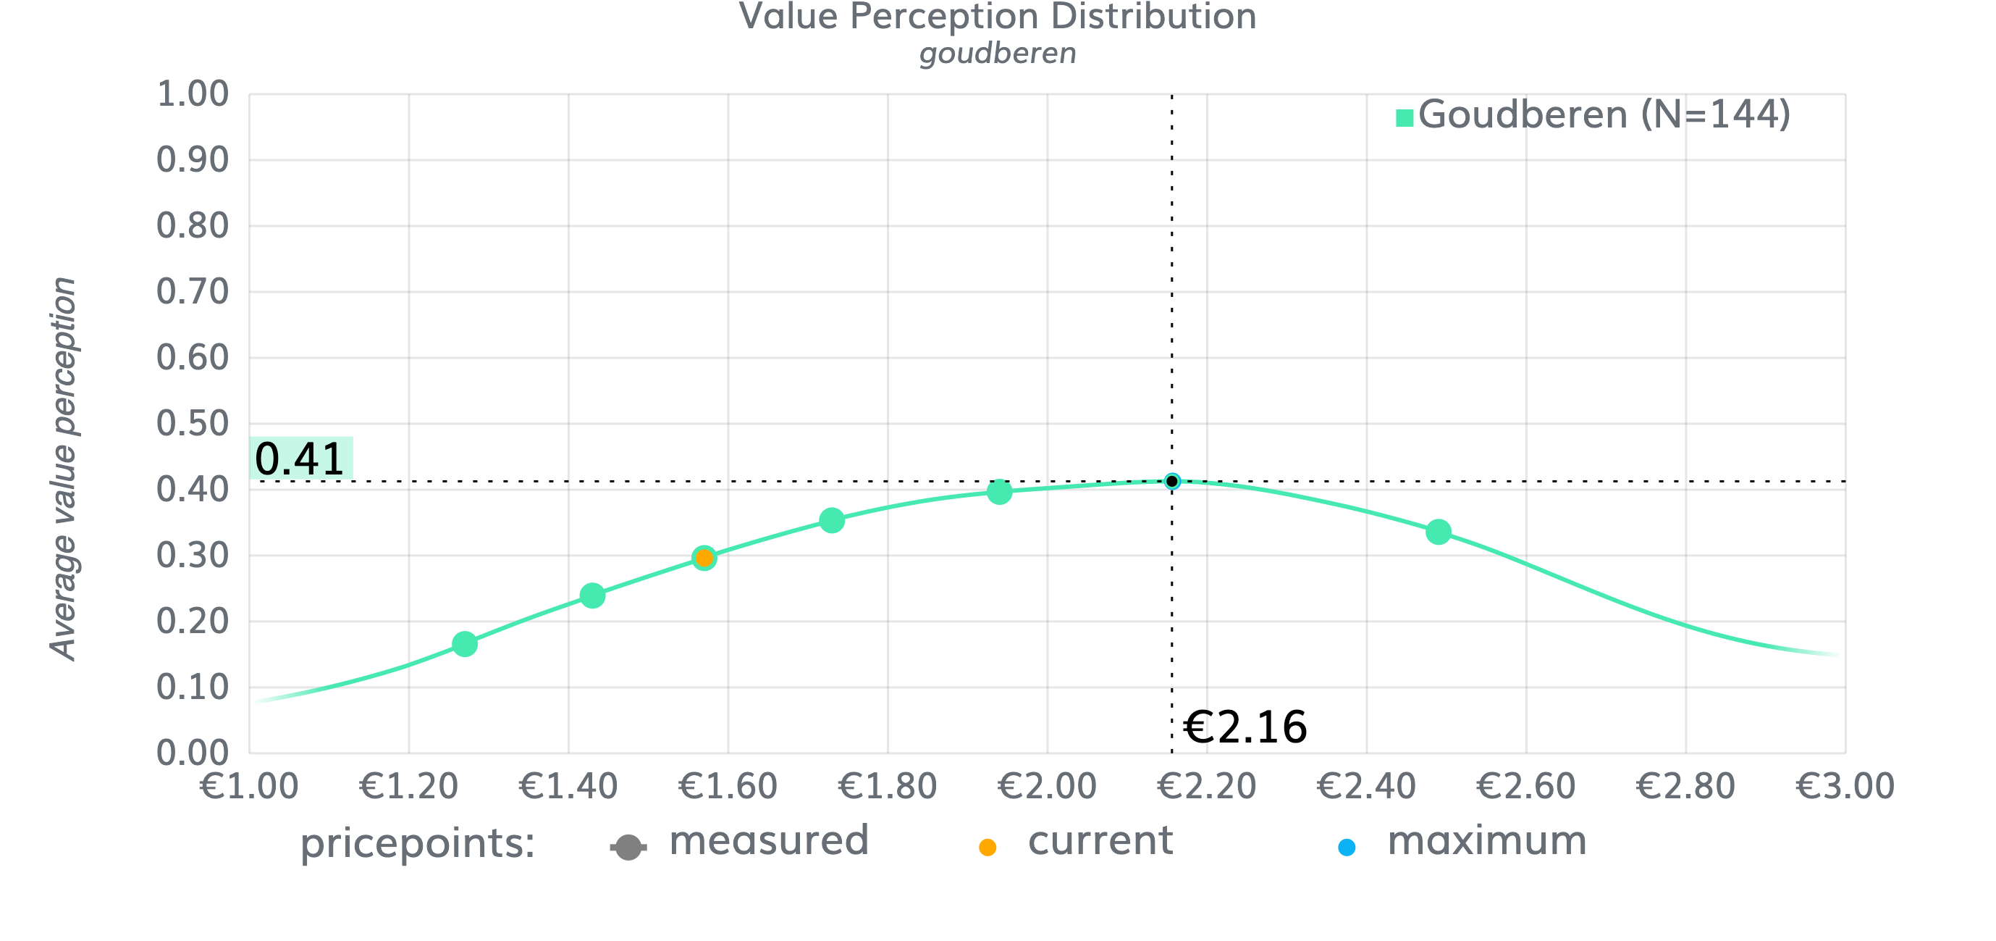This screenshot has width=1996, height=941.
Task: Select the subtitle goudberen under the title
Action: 997,54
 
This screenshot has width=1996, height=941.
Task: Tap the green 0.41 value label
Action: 300,458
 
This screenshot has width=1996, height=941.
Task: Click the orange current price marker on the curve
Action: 704,557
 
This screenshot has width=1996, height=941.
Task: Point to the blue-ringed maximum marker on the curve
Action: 1172,481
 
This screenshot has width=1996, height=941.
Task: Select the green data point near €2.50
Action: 1438,532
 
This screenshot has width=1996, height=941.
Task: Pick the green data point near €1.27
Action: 465,643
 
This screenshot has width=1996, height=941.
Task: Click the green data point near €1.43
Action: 593,595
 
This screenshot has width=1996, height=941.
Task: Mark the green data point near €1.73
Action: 831,520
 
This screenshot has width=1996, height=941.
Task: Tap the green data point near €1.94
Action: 1000,491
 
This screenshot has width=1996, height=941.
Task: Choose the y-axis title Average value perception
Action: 63,469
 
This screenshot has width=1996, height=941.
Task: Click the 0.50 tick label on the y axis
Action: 192,423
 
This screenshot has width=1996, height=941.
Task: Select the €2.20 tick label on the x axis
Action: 1205,786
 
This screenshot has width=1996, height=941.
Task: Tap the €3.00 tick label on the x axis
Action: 1844,786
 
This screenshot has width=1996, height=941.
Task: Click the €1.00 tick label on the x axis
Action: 249,786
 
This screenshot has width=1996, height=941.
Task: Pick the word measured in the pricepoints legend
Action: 769,840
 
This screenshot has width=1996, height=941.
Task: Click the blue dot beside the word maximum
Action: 1347,848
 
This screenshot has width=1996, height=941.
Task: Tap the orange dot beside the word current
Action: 988,848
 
